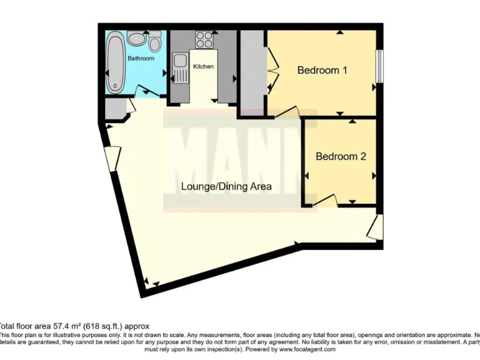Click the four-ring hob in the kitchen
tap(204, 40)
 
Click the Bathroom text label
tap(141, 58)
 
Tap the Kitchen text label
tap(203, 66)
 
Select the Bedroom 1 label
tap(322, 70)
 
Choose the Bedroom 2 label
tap(340, 156)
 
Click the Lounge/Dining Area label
tap(226, 186)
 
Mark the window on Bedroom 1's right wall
tap(379, 64)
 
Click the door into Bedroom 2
tap(326, 200)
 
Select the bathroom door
tap(146, 92)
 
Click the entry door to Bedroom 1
tap(287, 112)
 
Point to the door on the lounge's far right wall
tap(376, 227)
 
